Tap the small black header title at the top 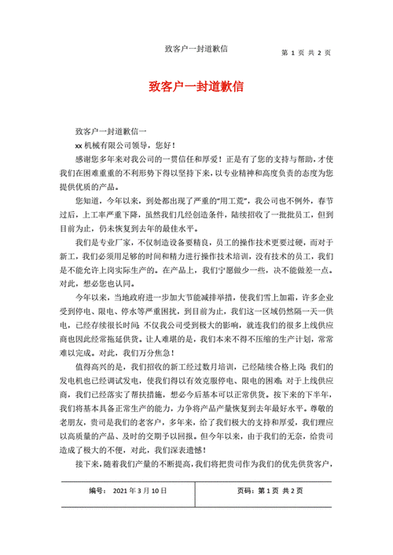[196, 49]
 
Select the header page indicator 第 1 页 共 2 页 [306, 53]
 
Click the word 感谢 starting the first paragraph [84, 159]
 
